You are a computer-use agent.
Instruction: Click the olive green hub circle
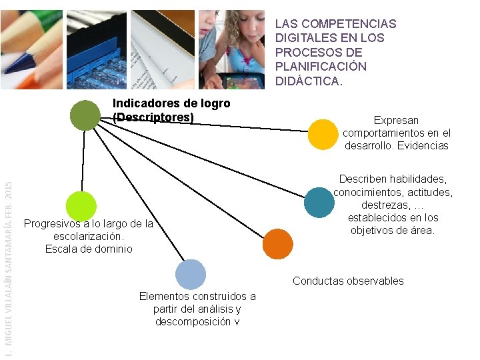[85, 115]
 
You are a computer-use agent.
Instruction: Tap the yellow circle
[323, 135]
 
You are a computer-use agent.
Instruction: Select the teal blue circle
[319, 203]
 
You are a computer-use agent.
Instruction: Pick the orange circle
[277, 243]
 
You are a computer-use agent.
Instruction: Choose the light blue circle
[191, 274]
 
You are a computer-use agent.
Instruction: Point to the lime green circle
[81, 206]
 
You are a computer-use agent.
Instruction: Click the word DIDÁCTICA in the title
[309, 81]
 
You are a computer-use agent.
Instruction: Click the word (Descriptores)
[153, 117]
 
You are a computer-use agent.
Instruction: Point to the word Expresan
[396, 121]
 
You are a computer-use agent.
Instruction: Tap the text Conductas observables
[348, 281]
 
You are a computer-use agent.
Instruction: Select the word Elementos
[163, 296]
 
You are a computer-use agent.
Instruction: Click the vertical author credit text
[8, 267]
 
